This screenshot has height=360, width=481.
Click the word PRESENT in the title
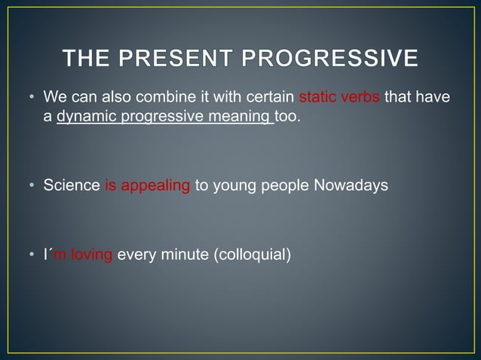(176, 59)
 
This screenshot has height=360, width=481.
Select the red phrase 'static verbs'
(340, 98)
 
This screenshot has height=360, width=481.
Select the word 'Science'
(72, 185)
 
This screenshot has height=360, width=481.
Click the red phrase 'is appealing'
(147, 185)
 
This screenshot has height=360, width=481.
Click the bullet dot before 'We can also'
(32, 99)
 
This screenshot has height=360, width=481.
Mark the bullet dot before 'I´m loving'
(32, 255)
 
